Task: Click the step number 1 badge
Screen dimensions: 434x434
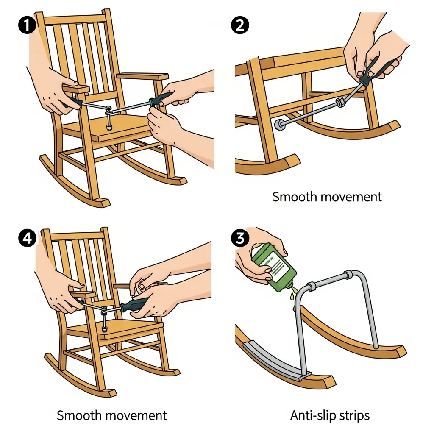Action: point(27,25)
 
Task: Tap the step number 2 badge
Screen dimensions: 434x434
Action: point(240,25)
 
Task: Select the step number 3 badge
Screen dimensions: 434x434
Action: point(240,238)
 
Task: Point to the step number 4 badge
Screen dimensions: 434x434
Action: point(27,238)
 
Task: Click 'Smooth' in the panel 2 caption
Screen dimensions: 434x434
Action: point(295,197)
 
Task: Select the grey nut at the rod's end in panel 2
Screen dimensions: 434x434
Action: point(278,124)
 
